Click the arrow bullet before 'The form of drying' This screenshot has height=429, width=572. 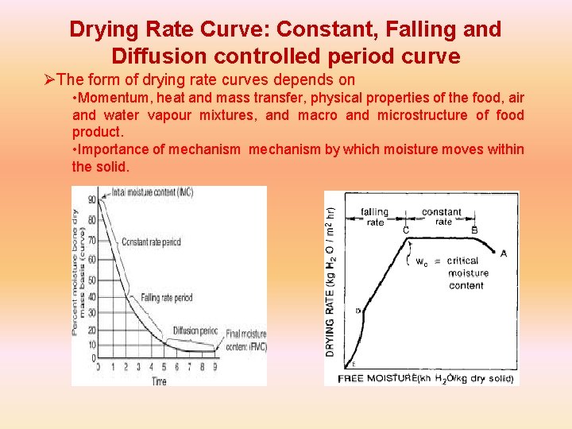coord(50,80)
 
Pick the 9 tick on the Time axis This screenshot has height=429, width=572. coord(214,367)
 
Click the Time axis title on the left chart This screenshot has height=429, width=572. coord(159,381)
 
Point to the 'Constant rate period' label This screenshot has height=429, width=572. coord(151,242)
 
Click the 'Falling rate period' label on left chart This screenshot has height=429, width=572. coord(167,298)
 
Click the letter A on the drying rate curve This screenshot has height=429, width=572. coord(503,253)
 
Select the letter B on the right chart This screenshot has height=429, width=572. coord(474,230)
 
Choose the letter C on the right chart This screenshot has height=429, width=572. coord(406,230)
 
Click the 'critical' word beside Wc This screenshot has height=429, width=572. coord(462,261)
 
